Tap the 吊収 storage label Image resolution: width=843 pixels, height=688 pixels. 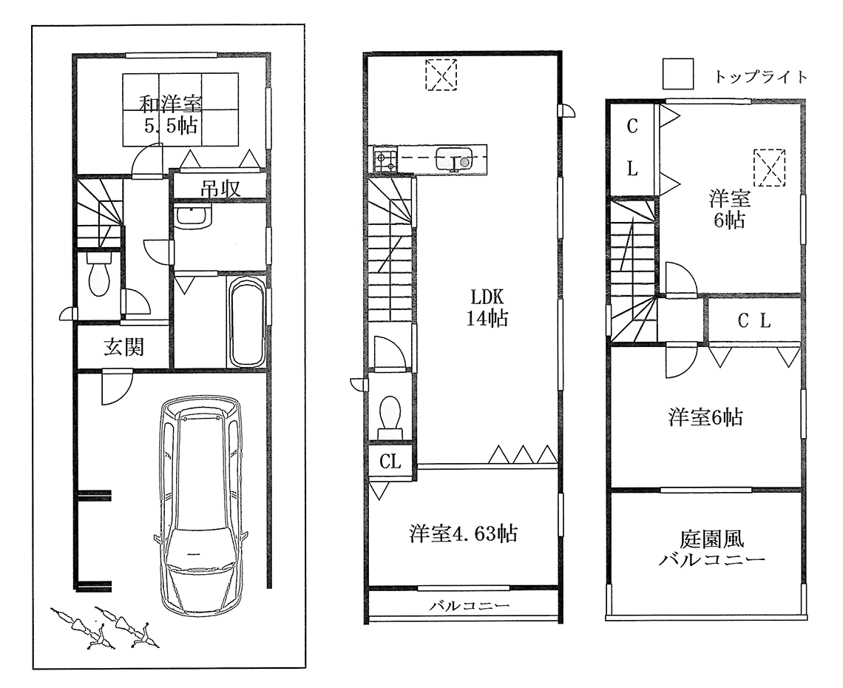219,188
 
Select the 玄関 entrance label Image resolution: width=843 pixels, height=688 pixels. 123,347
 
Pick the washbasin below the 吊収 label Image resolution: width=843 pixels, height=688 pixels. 194,217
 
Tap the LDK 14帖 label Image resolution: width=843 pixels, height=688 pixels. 486,308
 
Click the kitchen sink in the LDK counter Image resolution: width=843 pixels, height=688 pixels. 455,158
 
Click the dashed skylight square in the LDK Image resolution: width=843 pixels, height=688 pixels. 440,75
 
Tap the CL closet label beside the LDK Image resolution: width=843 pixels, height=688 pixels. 390,462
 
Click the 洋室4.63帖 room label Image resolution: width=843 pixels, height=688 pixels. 463,533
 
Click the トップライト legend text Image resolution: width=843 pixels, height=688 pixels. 760,77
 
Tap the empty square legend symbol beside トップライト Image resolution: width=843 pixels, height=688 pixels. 677,75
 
